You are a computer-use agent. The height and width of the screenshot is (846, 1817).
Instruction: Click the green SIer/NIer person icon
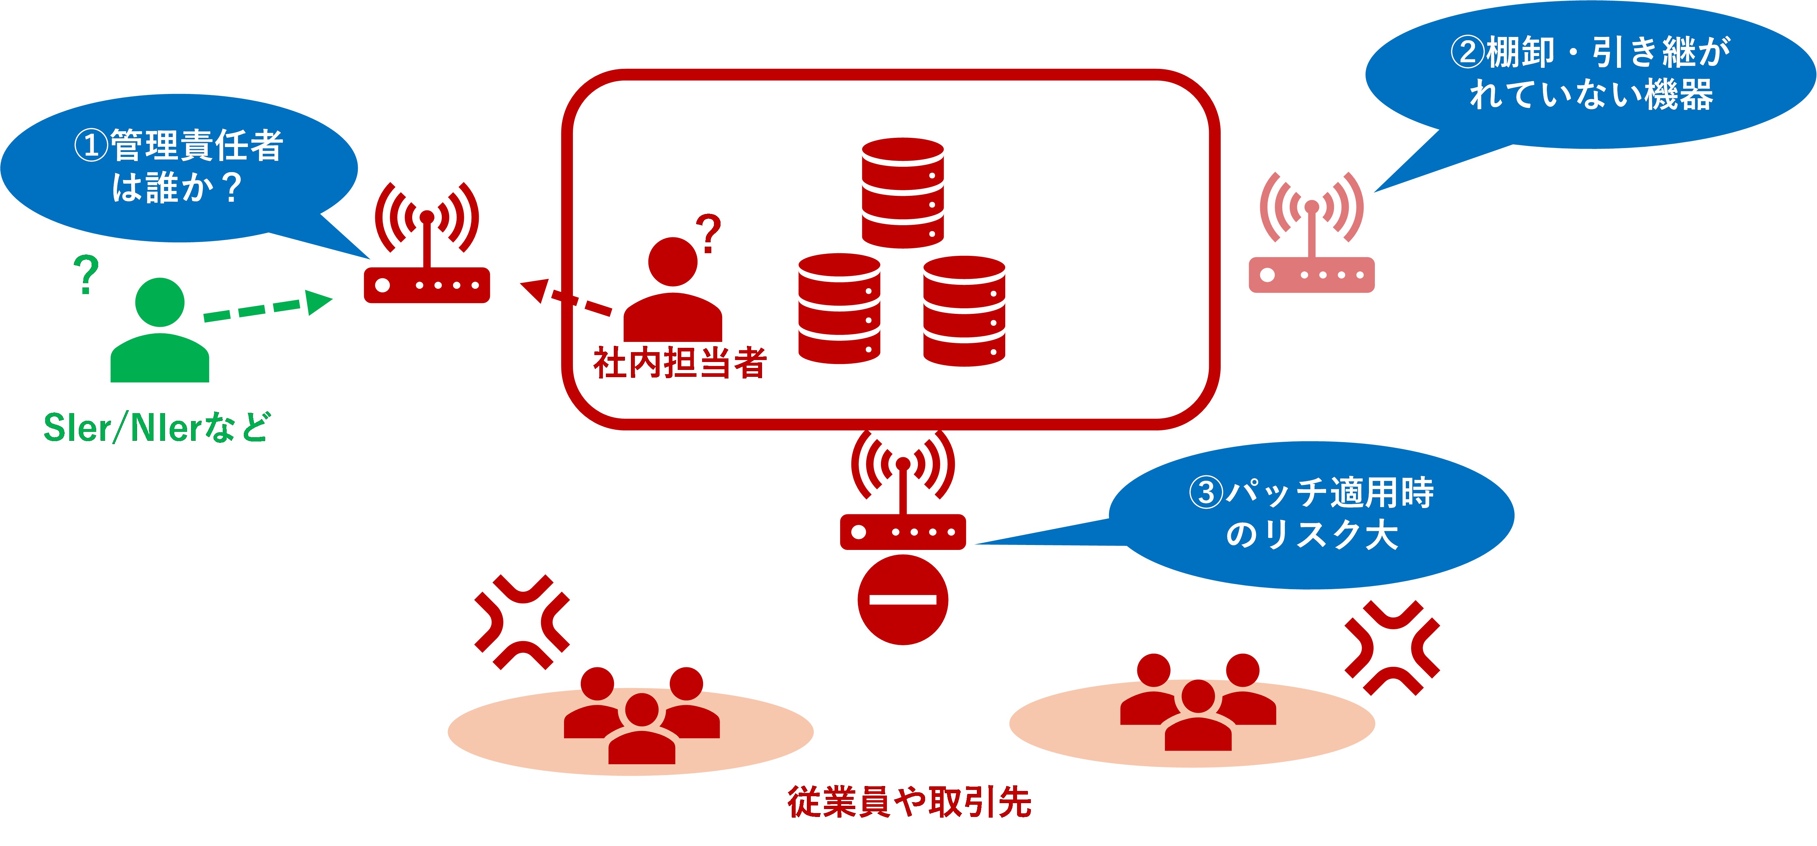160,332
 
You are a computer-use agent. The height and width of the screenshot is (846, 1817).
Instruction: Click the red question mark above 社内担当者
709,233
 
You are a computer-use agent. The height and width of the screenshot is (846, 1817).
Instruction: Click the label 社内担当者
679,363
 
